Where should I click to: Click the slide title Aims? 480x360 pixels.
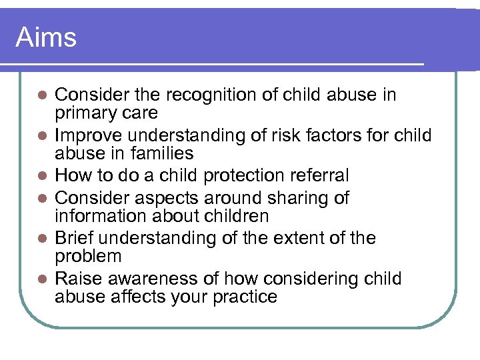pos(46,37)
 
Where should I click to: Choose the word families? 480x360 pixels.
pos(161,153)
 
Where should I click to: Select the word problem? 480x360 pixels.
pos(88,257)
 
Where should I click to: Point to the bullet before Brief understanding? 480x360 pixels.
pos(42,239)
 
